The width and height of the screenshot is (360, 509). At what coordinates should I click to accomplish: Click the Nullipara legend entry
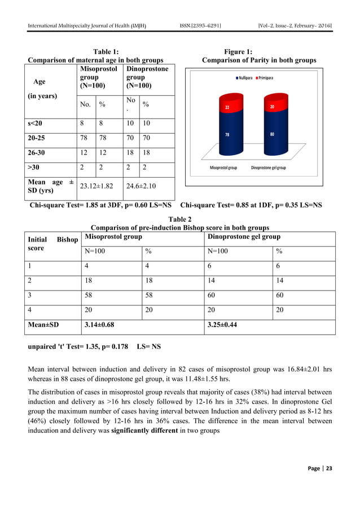pyautogui.click(x=244, y=77)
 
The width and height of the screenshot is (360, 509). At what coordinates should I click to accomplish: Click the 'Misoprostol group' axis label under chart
pyautogui.click(x=223, y=168)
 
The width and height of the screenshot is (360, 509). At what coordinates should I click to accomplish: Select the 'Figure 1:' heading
pyautogui.click(x=259, y=52)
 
